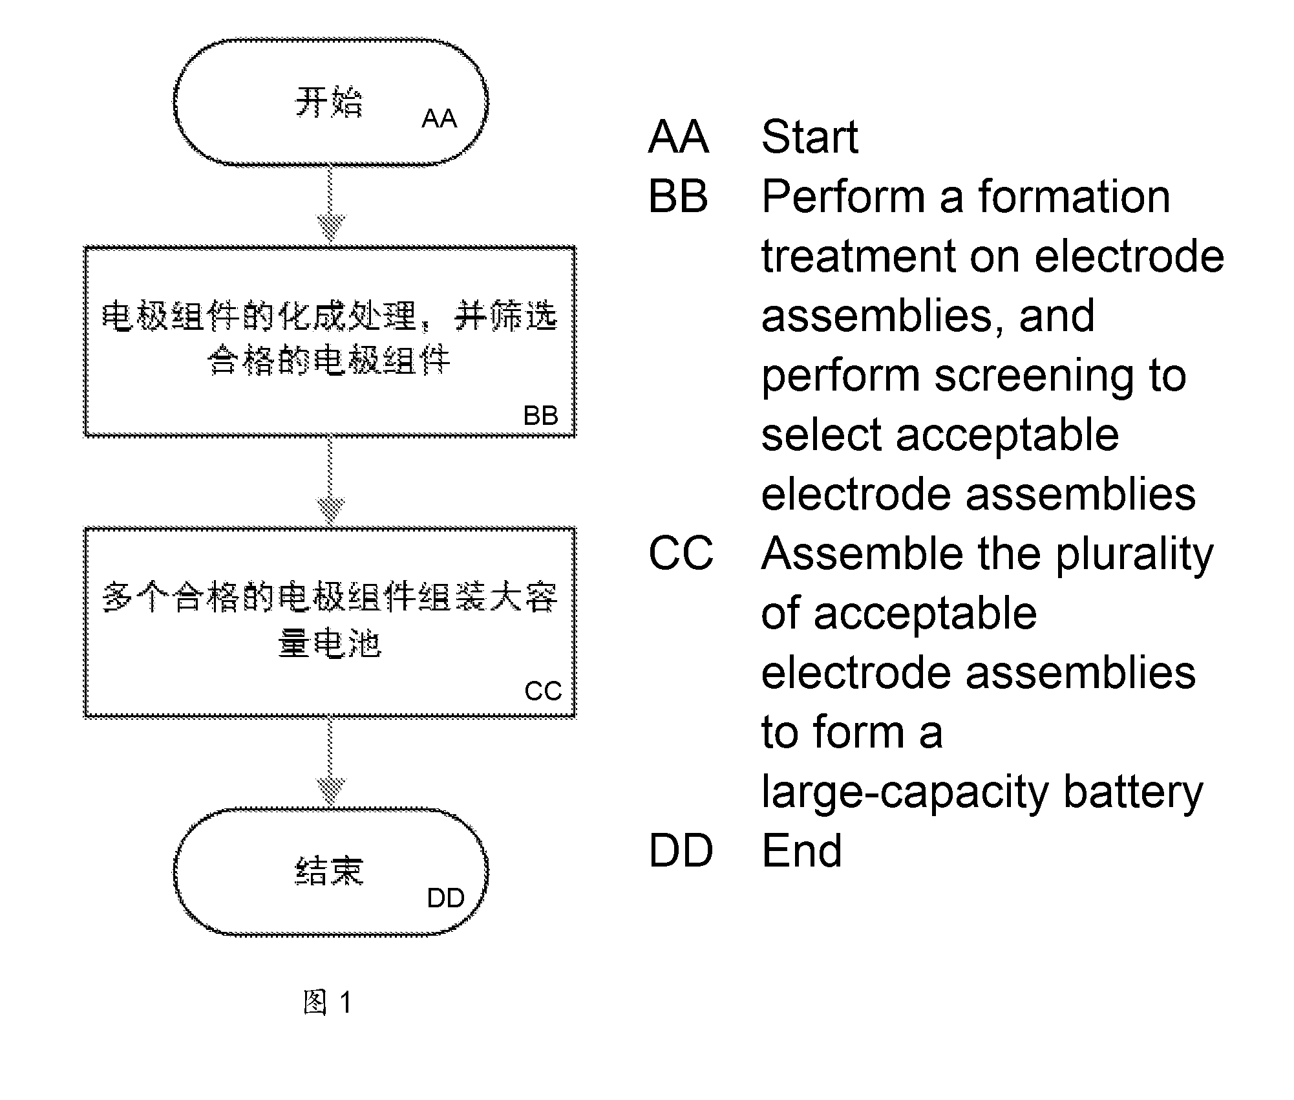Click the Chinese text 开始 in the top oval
coord(329,102)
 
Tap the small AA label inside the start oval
coord(440,118)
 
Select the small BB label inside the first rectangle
coord(540,415)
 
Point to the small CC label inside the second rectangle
coord(543,691)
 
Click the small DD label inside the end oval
coord(446,898)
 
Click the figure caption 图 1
coord(328,1002)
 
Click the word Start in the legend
coord(810,137)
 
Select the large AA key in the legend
coord(679,137)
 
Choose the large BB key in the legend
coord(678,197)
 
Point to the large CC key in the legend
coord(681,554)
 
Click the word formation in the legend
coord(1074,196)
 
